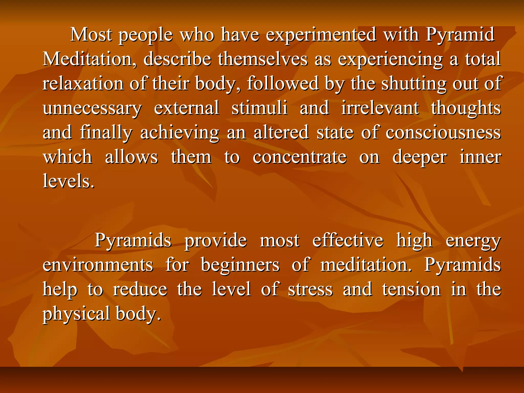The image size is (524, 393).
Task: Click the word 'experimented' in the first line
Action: point(321,35)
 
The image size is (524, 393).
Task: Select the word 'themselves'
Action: point(263,59)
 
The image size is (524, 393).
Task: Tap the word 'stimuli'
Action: point(259,108)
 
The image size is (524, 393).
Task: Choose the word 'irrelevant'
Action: point(380,108)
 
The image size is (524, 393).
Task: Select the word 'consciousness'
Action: point(443,133)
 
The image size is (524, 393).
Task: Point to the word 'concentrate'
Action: point(300,157)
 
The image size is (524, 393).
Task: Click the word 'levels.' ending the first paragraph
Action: point(69,181)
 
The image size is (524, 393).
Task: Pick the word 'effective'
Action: point(348,241)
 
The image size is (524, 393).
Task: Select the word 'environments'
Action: point(98,265)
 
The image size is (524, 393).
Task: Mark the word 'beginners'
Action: point(240,265)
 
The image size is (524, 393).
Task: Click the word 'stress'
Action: point(310,290)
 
